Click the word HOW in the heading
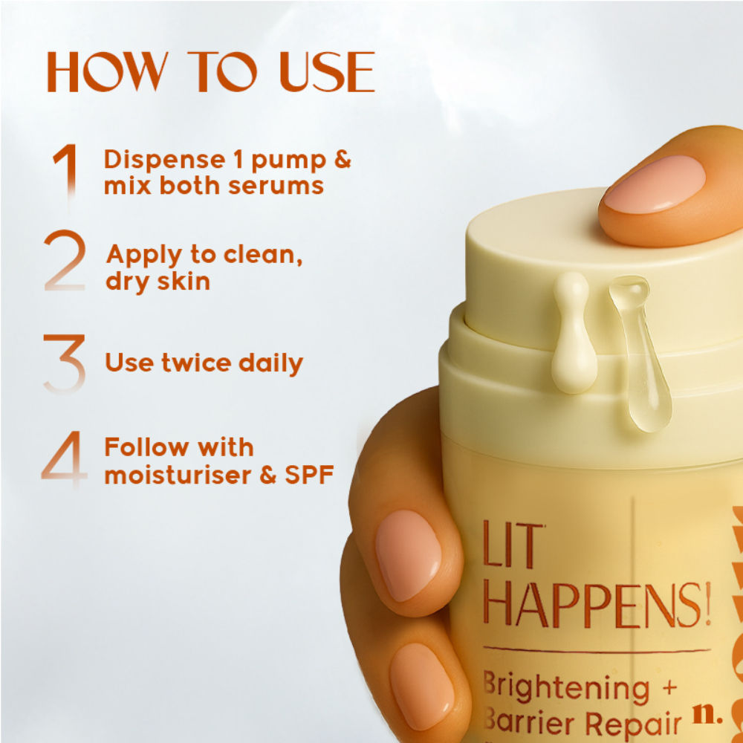pos(108,71)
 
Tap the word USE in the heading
pos(328,71)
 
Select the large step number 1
pos(67,171)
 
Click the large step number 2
pos(65,259)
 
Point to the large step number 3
pos(65,363)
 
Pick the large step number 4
pos(65,458)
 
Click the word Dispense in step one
pos(164,160)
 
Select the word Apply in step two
pos(144,256)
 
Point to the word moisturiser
pos(178,475)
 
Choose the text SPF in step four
pos(309,475)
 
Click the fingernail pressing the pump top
pos(654,184)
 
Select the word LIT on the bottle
pos(513,545)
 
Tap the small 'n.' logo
pos(707,717)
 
